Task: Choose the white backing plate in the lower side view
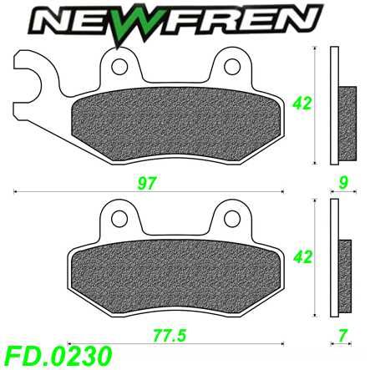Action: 335,259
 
